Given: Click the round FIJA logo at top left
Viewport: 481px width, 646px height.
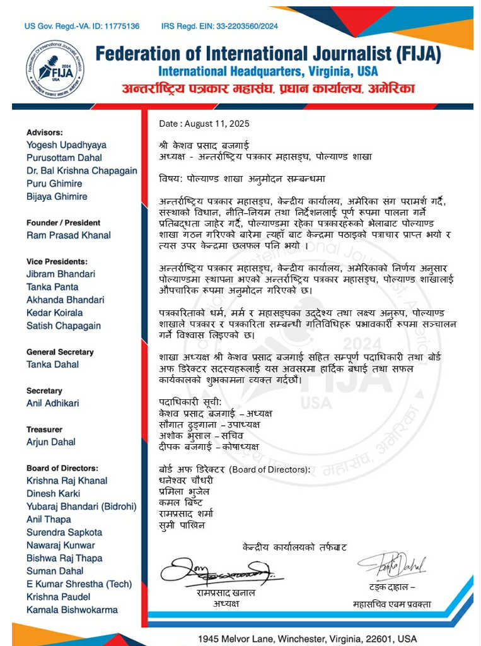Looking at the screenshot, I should click(55, 69).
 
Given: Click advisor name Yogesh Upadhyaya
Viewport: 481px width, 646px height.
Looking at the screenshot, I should click(66, 145).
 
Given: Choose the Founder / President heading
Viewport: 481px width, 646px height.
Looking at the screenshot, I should click(63, 223).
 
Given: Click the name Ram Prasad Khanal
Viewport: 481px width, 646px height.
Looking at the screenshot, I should click(68, 235).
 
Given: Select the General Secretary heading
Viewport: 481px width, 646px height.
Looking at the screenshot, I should click(60, 352).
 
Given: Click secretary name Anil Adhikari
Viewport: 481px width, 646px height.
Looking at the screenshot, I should click(53, 403).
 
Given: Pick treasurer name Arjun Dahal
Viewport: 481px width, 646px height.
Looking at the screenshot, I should click(50, 442).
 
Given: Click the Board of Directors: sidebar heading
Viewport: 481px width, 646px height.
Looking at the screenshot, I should click(62, 468).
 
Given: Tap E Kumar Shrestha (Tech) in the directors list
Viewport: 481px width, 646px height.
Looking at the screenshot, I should click(74, 584).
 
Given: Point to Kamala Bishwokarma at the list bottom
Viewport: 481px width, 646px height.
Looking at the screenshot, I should click(72, 610).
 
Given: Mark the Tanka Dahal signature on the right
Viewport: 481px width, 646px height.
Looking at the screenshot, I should click(392, 565).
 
